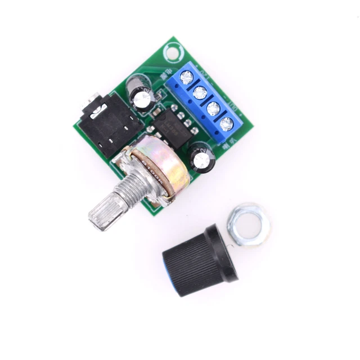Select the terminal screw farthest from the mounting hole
pos(227,124)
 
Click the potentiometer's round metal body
pos(154,171)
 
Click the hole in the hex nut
pos(248,224)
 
